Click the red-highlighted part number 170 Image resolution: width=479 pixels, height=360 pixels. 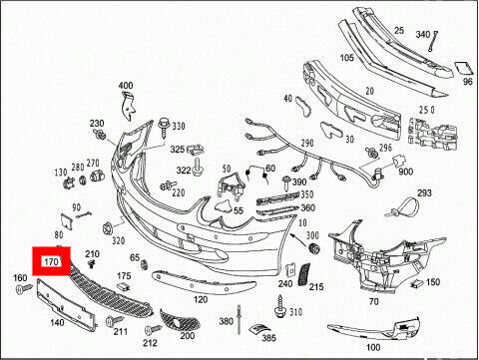tap(51, 261)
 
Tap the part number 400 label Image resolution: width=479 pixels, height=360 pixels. tap(126, 86)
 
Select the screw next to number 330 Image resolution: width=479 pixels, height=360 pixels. tap(164, 127)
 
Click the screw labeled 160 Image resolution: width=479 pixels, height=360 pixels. tap(25, 288)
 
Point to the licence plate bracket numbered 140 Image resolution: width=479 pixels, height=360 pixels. tap(67, 304)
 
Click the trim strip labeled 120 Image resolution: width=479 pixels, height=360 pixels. tap(204, 282)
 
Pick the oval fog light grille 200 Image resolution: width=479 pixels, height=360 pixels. tap(180, 320)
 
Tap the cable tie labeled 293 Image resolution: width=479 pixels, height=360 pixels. tap(401, 208)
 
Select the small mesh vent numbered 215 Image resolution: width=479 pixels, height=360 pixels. tap(304, 274)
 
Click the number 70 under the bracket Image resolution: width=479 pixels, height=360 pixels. tap(374, 301)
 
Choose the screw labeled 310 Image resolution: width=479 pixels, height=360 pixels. tap(280, 306)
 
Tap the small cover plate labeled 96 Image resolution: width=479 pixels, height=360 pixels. tap(463, 68)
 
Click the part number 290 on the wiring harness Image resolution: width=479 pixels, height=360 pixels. tap(307, 144)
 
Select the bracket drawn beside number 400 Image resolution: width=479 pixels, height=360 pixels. tap(129, 106)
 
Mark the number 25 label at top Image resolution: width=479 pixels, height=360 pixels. tap(399, 31)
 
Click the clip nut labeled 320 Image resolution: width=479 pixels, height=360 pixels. tap(109, 228)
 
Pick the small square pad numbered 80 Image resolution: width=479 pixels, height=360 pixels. tap(67, 221)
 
